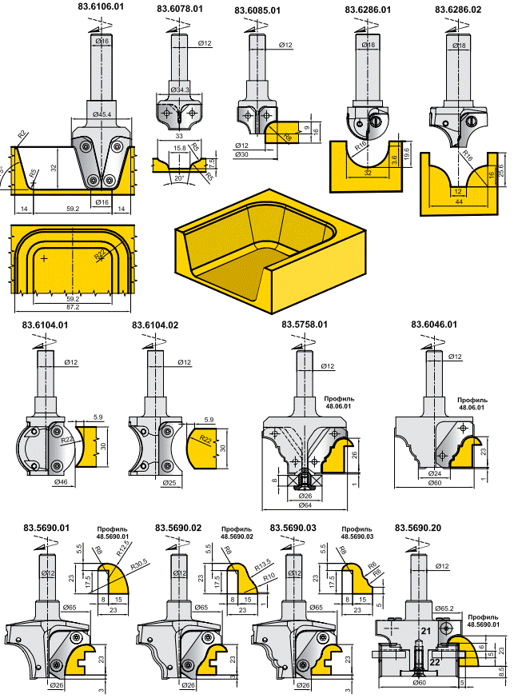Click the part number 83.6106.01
coord(101,6)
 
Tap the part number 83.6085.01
coord(257,10)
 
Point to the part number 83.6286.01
coord(368,10)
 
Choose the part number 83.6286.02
coord(458,10)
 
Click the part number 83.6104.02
coord(155,325)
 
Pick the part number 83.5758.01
coord(305,325)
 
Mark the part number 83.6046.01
coord(434,325)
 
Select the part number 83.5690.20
coord(418,528)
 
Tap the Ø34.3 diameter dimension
coord(179,90)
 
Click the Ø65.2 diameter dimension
coord(444,609)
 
